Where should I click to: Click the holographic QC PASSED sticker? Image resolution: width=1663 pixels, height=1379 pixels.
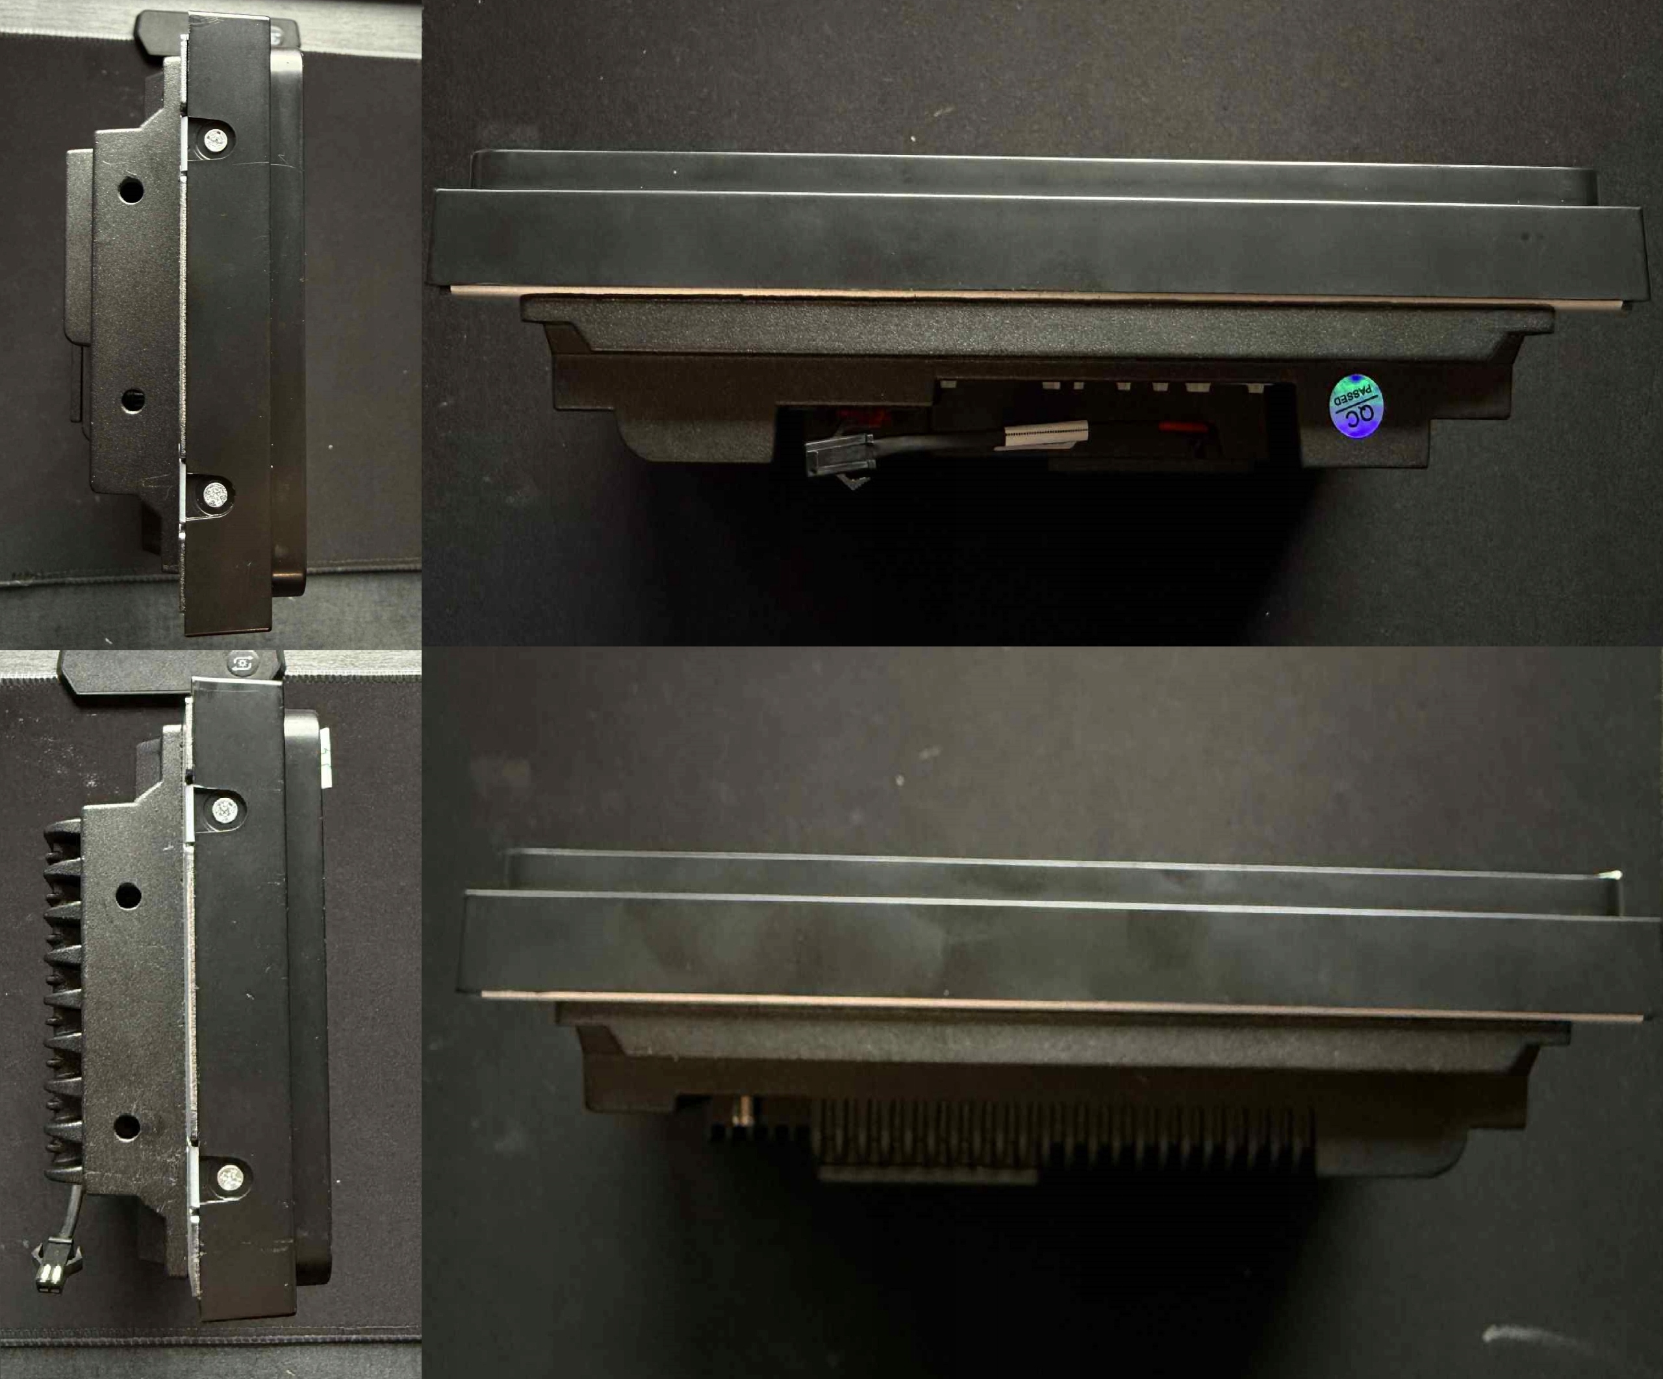1356,405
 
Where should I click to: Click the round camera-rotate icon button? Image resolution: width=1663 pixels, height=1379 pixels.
241,664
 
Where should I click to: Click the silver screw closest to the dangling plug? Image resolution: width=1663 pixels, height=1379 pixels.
230,1179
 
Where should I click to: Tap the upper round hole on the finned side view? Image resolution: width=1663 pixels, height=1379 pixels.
127,895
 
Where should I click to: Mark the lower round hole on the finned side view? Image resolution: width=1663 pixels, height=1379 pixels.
127,1127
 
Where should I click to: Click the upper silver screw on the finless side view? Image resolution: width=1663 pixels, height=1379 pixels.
216,142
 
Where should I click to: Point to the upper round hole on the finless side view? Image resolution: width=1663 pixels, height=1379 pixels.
131,190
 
